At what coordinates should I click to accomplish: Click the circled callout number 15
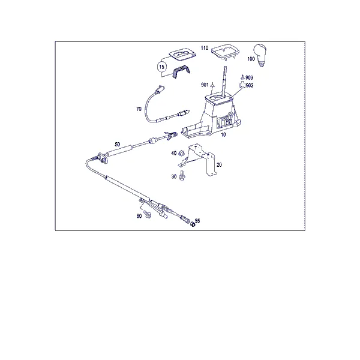point(161,67)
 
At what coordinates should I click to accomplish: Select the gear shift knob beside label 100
point(260,55)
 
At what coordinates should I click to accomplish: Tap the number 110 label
point(205,48)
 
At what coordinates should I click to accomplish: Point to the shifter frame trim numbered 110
point(225,52)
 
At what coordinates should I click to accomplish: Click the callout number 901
point(205,85)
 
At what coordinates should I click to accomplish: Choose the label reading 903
point(249,77)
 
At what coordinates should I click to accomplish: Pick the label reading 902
point(250,85)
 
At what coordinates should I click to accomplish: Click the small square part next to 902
point(242,85)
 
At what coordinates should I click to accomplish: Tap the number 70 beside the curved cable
point(139,109)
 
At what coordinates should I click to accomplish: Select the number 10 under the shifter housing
point(223,134)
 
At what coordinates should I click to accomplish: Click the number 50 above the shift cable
point(118,145)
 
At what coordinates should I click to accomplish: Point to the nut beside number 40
point(181,152)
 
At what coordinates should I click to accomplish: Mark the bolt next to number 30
point(182,176)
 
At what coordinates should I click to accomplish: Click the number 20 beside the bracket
point(219,164)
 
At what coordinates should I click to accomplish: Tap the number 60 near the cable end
point(139,216)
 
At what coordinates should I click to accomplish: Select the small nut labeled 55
point(193,224)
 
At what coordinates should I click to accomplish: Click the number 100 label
point(251,59)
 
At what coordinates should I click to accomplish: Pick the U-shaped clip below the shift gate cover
point(181,71)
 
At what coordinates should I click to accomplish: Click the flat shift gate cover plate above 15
point(183,55)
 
